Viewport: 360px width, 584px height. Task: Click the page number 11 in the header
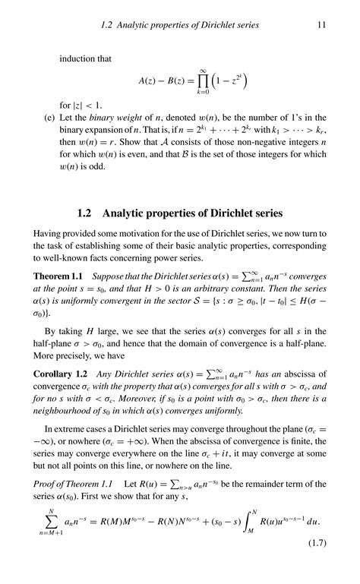click(321, 25)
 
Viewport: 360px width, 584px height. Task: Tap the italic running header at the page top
click(180, 25)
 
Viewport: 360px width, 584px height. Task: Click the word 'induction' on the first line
click(77, 56)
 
